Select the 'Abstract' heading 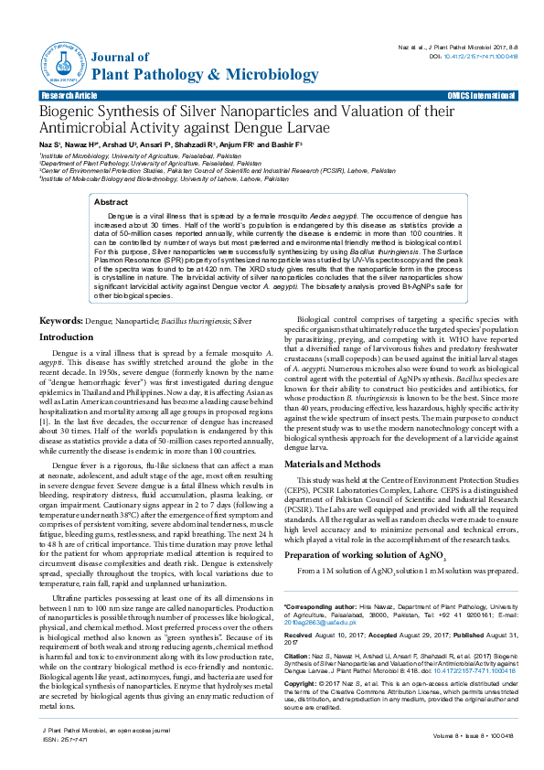pos(112,201)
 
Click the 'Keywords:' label pos(60,321)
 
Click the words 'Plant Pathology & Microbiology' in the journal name pos(180,73)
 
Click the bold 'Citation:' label pos(299,656)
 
